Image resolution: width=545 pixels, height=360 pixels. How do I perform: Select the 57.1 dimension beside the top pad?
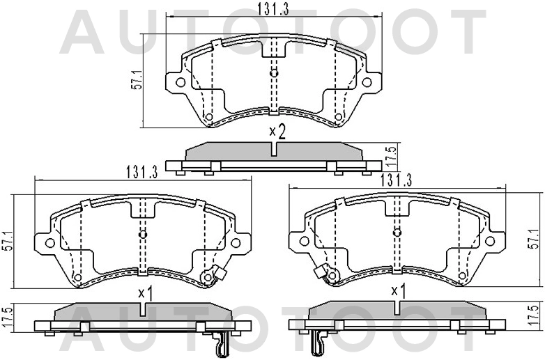coord(138,79)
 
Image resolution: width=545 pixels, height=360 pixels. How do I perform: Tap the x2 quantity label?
coord(277,131)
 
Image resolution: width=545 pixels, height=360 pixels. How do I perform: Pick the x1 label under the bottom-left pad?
coord(145,293)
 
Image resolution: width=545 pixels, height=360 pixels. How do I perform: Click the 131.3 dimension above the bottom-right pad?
coord(394,180)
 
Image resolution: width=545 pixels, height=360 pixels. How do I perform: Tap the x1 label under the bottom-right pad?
coord(398,290)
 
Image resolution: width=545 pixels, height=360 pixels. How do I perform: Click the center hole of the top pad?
coord(273,73)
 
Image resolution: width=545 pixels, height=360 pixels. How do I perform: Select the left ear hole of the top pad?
coord(180,82)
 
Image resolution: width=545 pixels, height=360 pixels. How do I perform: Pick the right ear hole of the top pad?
coord(367,82)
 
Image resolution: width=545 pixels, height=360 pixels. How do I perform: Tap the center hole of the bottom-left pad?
coord(143,234)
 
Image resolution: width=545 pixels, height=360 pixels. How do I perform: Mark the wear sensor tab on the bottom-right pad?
coord(320,272)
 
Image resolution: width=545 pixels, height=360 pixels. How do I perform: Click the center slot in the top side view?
coord(274,150)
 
